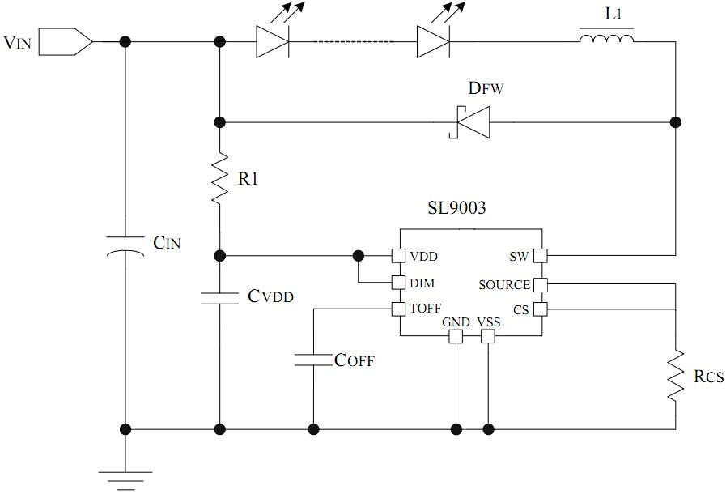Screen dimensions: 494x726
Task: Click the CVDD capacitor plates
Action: pyautogui.click(x=219, y=297)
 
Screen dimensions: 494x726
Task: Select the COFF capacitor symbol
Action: pyautogui.click(x=313, y=359)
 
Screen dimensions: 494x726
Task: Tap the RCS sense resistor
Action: pyautogui.click(x=676, y=375)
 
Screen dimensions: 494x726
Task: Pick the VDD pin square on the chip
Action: pyautogui.click(x=397, y=256)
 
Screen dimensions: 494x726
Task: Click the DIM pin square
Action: pyautogui.click(x=397, y=283)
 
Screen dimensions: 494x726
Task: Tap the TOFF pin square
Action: pyautogui.click(x=397, y=309)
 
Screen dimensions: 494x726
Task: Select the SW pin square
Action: pyautogui.click(x=540, y=256)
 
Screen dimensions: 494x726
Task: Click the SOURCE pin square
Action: pyautogui.click(x=540, y=284)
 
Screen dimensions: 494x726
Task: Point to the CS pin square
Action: pyautogui.click(x=540, y=309)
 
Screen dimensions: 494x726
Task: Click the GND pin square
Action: pyautogui.click(x=456, y=335)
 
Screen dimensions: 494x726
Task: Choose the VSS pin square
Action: pyautogui.click(x=487, y=335)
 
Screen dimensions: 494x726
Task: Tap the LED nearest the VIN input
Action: pyautogui.click(x=272, y=41)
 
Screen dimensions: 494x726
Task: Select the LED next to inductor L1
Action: pyautogui.click(x=434, y=41)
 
